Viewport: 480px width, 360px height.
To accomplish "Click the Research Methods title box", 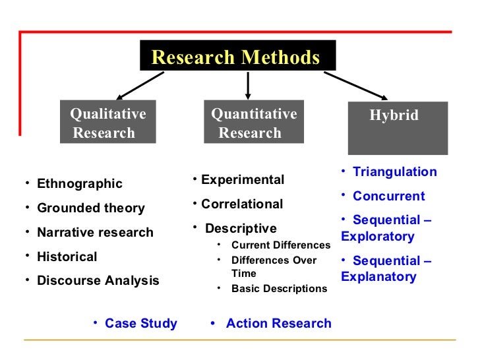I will point(237,57).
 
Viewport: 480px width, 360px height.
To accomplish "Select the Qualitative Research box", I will point(107,123).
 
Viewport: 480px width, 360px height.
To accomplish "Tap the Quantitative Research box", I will point(254,123).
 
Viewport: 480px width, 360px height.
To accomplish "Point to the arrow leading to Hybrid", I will point(356,85).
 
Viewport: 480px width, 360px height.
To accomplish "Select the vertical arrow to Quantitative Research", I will point(248,84).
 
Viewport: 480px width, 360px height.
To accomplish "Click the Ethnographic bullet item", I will point(80,184).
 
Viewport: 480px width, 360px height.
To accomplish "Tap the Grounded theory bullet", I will point(90,208).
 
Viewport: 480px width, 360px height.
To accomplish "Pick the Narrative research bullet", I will point(95,233).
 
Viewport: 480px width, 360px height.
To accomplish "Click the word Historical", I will point(67,256).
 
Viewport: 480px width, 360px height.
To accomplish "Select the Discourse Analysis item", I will point(98,281).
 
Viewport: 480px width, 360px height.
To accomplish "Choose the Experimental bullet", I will point(243,180).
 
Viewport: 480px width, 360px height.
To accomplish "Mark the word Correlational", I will point(242,204).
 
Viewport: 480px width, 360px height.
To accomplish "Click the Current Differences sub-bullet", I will point(280,245).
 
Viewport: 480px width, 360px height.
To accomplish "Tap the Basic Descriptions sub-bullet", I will point(279,289).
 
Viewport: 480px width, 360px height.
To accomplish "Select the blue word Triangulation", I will point(394,172).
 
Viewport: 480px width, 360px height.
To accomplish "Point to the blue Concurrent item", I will point(388,196).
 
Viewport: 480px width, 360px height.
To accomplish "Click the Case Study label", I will point(140,324).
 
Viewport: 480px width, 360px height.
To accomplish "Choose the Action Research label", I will point(278,324).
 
